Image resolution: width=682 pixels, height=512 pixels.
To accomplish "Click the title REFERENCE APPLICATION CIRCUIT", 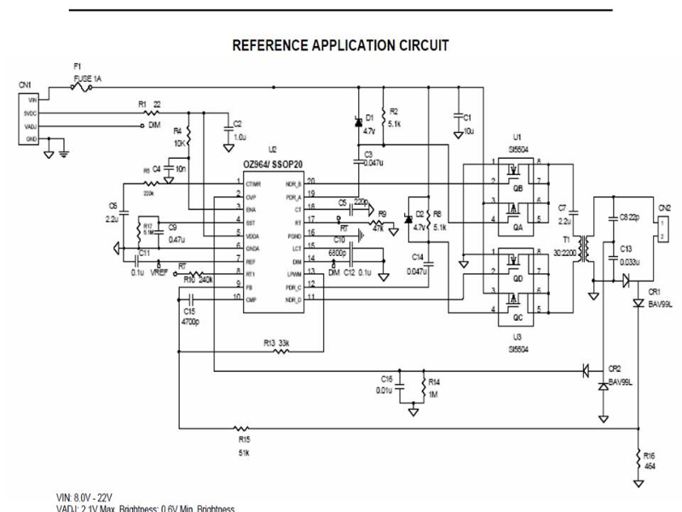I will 340,45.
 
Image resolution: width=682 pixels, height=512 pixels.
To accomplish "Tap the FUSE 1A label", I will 88,77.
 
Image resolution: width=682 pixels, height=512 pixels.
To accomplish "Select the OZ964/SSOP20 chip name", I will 277,164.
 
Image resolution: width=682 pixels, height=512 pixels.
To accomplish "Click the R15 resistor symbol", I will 241,429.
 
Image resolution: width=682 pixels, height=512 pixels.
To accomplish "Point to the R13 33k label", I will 276,342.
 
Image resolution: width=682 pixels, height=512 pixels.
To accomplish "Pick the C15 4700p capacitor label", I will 190,317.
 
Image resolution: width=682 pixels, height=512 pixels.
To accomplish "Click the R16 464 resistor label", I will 650,462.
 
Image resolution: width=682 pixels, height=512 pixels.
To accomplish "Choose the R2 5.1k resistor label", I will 396,117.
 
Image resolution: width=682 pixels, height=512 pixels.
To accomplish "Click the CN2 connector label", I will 665,207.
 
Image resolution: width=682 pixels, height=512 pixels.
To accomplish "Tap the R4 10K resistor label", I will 178,137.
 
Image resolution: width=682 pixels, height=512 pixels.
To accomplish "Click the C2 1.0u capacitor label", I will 238,130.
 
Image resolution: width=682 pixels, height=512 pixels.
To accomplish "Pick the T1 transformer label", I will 566,245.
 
